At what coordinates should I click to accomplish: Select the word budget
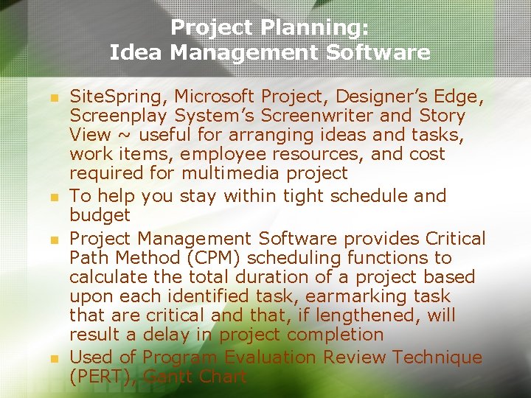pos(100,215)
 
